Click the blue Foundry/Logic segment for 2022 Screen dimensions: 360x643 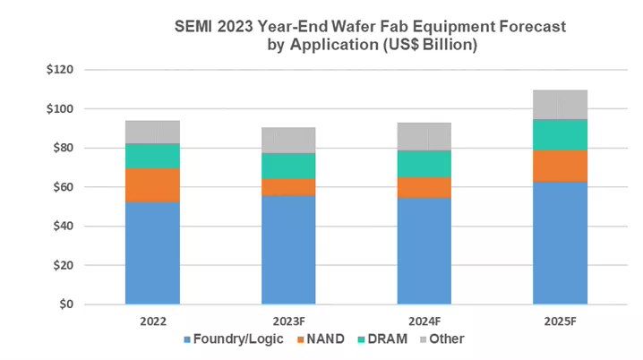click(151, 253)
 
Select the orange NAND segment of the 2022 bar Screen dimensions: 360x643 click(151, 184)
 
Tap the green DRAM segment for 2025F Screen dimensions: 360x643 click(561, 134)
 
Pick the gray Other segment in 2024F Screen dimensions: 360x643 click(424, 136)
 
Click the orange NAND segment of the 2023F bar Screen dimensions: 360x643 click(288, 187)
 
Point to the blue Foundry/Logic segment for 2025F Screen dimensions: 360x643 click(561, 243)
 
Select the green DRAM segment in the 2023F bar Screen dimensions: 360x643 click(288, 166)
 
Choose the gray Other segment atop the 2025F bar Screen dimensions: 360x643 click(561, 104)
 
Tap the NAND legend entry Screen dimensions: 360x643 click(330, 339)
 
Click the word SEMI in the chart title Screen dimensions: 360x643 click(193, 29)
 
